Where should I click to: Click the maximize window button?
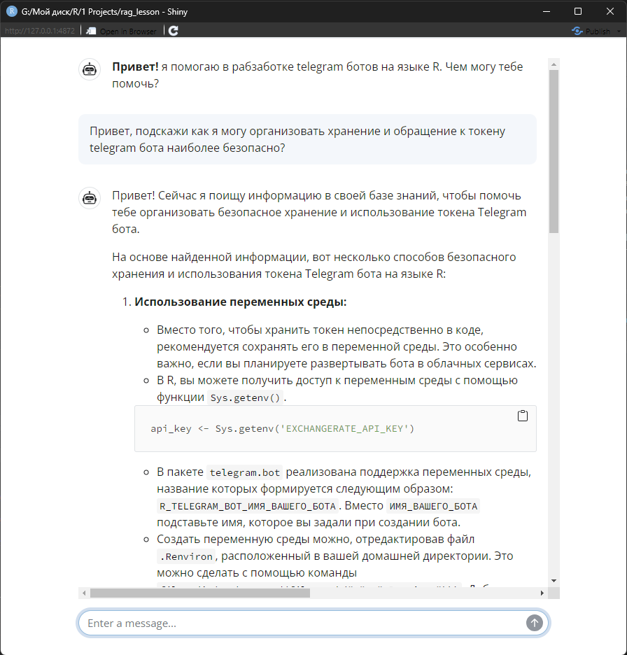point(578,11)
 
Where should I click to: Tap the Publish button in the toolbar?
point(591,31)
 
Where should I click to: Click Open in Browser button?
point(122,31)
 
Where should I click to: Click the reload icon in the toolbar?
point(174,31)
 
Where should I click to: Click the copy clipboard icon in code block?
point(522,416)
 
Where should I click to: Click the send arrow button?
point(535,623)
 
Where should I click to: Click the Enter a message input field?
point(301,623)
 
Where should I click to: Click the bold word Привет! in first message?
point(134,66)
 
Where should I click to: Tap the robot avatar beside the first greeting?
point(90,69)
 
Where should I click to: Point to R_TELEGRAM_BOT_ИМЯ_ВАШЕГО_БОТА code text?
point(248,506)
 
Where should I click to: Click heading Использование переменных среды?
point(240,302)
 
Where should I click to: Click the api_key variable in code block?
point(171,428)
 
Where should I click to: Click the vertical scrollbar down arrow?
point(554,580)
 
